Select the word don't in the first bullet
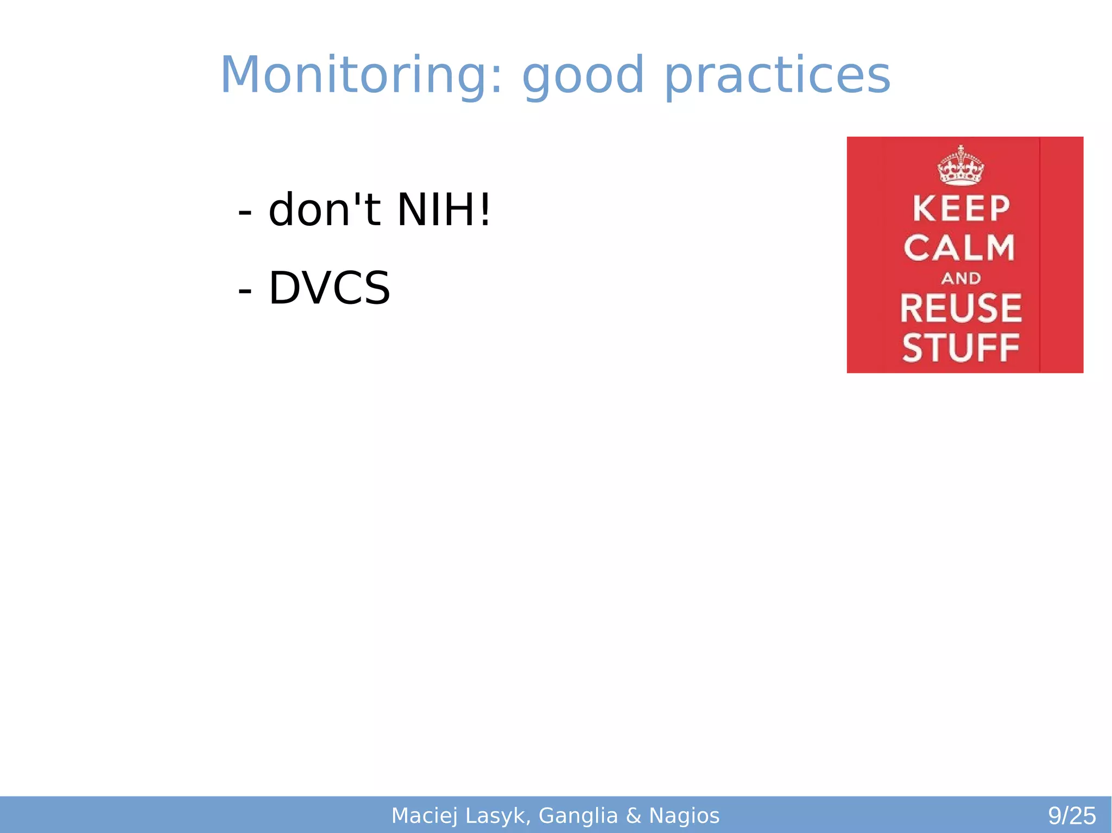(x=324, y=210)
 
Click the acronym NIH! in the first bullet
(x=444, y=210)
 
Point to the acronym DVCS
(x=330, y=288)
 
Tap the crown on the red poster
(x=961, y=166)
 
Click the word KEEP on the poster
(x=961, y=209)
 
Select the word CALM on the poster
(x=959, y=248)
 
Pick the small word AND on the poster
(x=961, y=278)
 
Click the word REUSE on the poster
(x=961, y=308)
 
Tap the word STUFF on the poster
(x=961, y=348)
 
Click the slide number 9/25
(x=1072, y=816)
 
